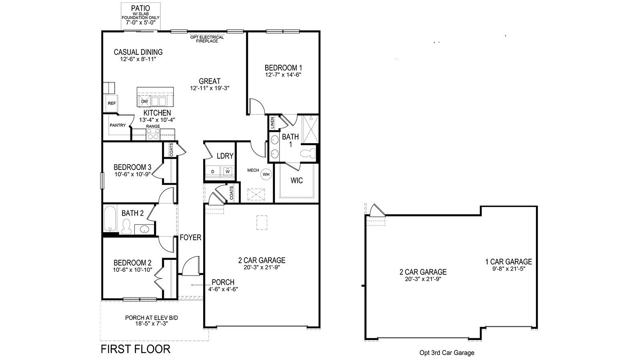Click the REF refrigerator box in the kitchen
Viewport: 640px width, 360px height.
click(112, 103)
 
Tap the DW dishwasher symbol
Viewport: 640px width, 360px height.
click(144, 101)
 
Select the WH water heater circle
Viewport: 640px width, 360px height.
click(266, 174)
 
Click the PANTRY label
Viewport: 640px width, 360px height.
click(118, 125)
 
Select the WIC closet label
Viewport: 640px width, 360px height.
click(296, 180)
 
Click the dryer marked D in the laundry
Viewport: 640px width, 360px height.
click(213, 172)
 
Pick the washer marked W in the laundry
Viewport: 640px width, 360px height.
click(227, 172)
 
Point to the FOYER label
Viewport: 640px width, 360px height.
click(190, 238)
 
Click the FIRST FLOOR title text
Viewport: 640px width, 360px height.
click(135, 349)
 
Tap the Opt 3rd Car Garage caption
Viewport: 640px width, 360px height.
click(447, 352)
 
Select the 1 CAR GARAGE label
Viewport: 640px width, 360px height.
click(508, 262)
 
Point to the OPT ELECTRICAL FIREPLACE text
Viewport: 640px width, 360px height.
click(207, 39)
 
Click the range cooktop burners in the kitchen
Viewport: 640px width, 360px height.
click(153, 135)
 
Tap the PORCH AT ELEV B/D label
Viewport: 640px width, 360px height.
click(151, 318)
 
